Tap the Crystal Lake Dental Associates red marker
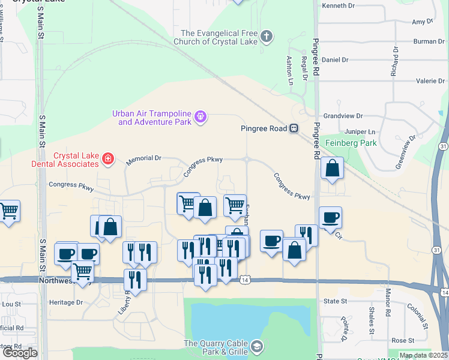pyautogui.click(x=107, y=158)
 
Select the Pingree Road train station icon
pyautogui.click(x=294, y=128)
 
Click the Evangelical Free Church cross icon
pyautogui.click(x=267, y=37)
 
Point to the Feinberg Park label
pyautogui.click(x=351, y=143)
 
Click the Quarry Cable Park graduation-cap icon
pyautogui.click(x=258, y=346)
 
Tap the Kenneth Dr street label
pyautogui.click(x=340, y=5)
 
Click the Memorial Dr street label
pyautogui.click(x=144, y=159)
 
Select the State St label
pyautogui.click(x=336, y=301)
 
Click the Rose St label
pyautogui.click(x=399, y=340)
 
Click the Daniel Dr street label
pyautogui.click(x=336, y=60)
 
